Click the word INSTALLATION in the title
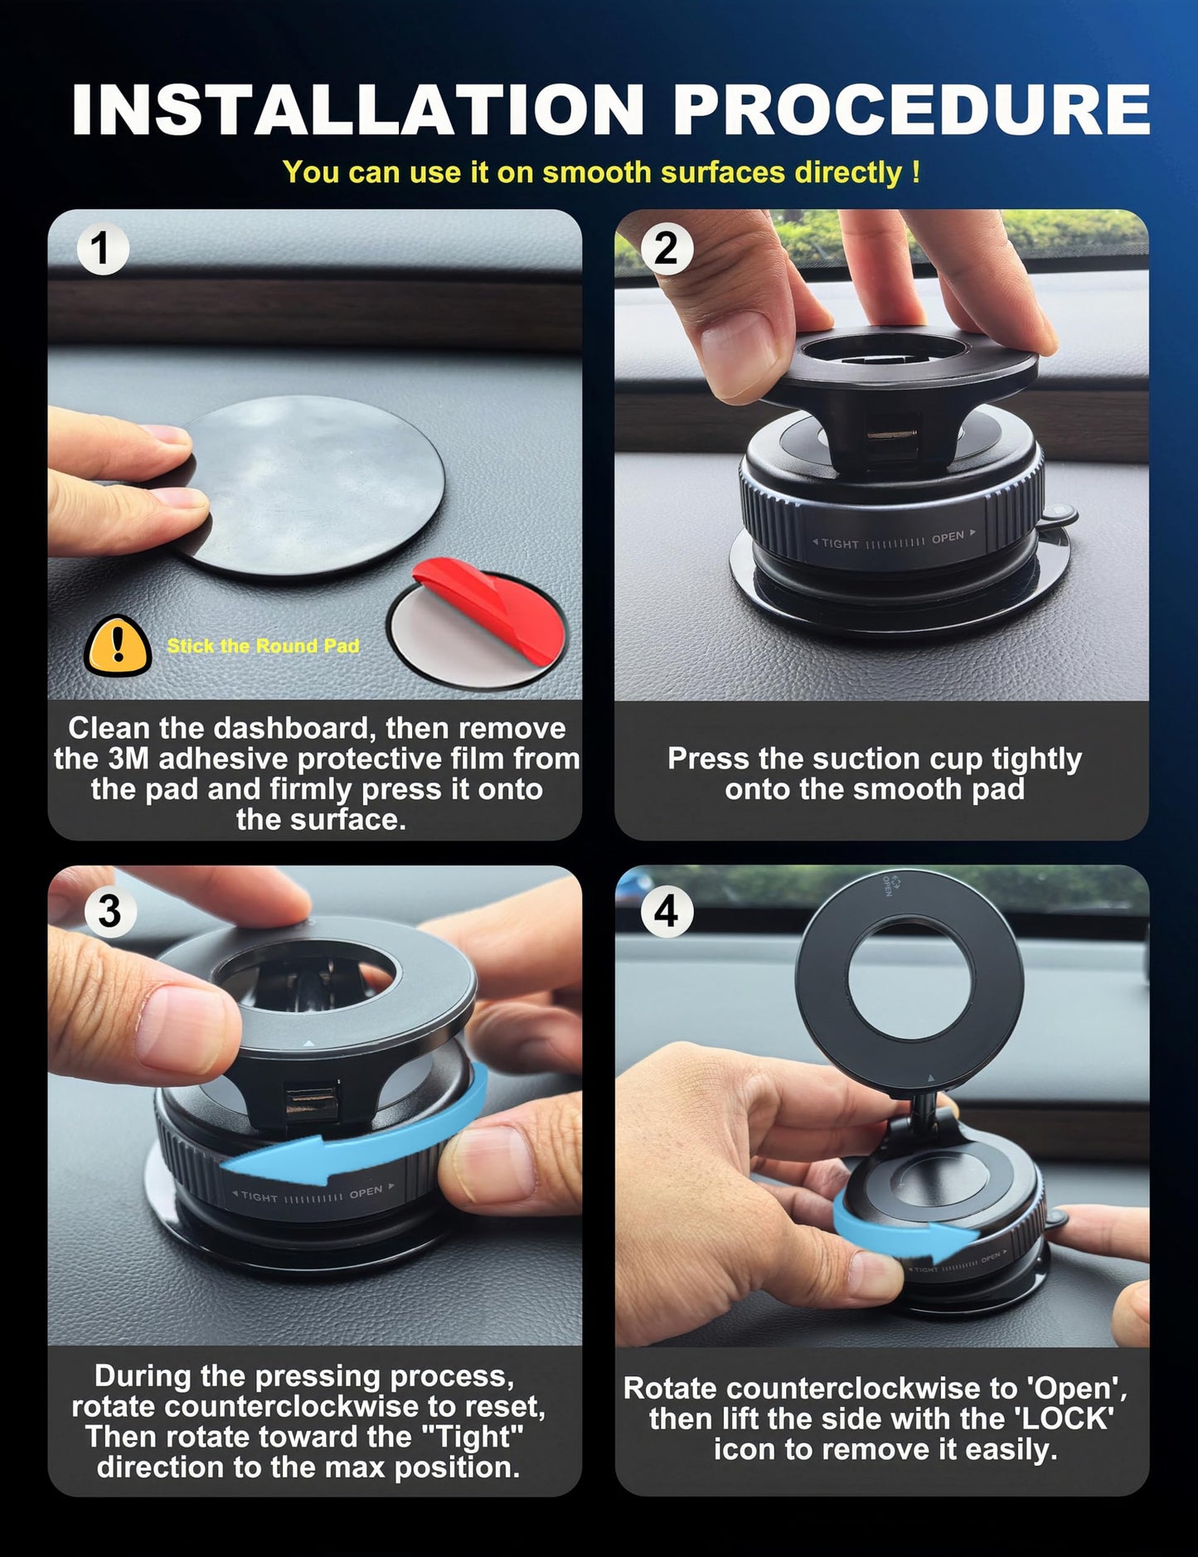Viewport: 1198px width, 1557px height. pyautogui.click(x=357, y=109)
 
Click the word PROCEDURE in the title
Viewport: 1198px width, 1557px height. pyautogui.click(x=911, y=109)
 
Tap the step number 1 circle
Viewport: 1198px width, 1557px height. pyautogui.click(x=102, y=249)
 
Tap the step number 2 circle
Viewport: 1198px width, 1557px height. pyautogui.click(x=667, y=249)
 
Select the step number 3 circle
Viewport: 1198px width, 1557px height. pyautogui.click(x=109, y=911)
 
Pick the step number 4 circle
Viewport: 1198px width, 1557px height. pyautogui.click(x=667, y=912)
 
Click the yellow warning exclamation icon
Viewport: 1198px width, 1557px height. pyautogui.click(x=118, y=646)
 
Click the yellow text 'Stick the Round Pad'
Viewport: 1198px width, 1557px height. pyautogui.click(x=263, y=646)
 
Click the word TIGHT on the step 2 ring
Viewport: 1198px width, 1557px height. pyautogui.click(x=839, y=544)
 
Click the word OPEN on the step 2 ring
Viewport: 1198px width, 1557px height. pyautogui.click(x=948, y=538)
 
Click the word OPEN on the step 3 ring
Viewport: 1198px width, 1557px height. pyautogui.click(x=366, y=1192)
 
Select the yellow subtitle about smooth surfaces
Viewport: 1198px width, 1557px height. pyautogui.click(x=601, y=172)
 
